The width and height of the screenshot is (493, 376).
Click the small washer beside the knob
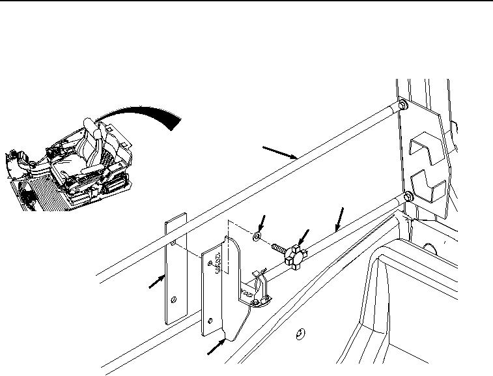[x=258, y=235]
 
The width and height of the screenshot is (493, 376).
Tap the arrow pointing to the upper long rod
[x=280, y=152]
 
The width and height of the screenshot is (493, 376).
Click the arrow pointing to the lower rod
[x=339, y=218]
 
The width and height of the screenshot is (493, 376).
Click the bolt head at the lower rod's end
[x=408, y=196]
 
